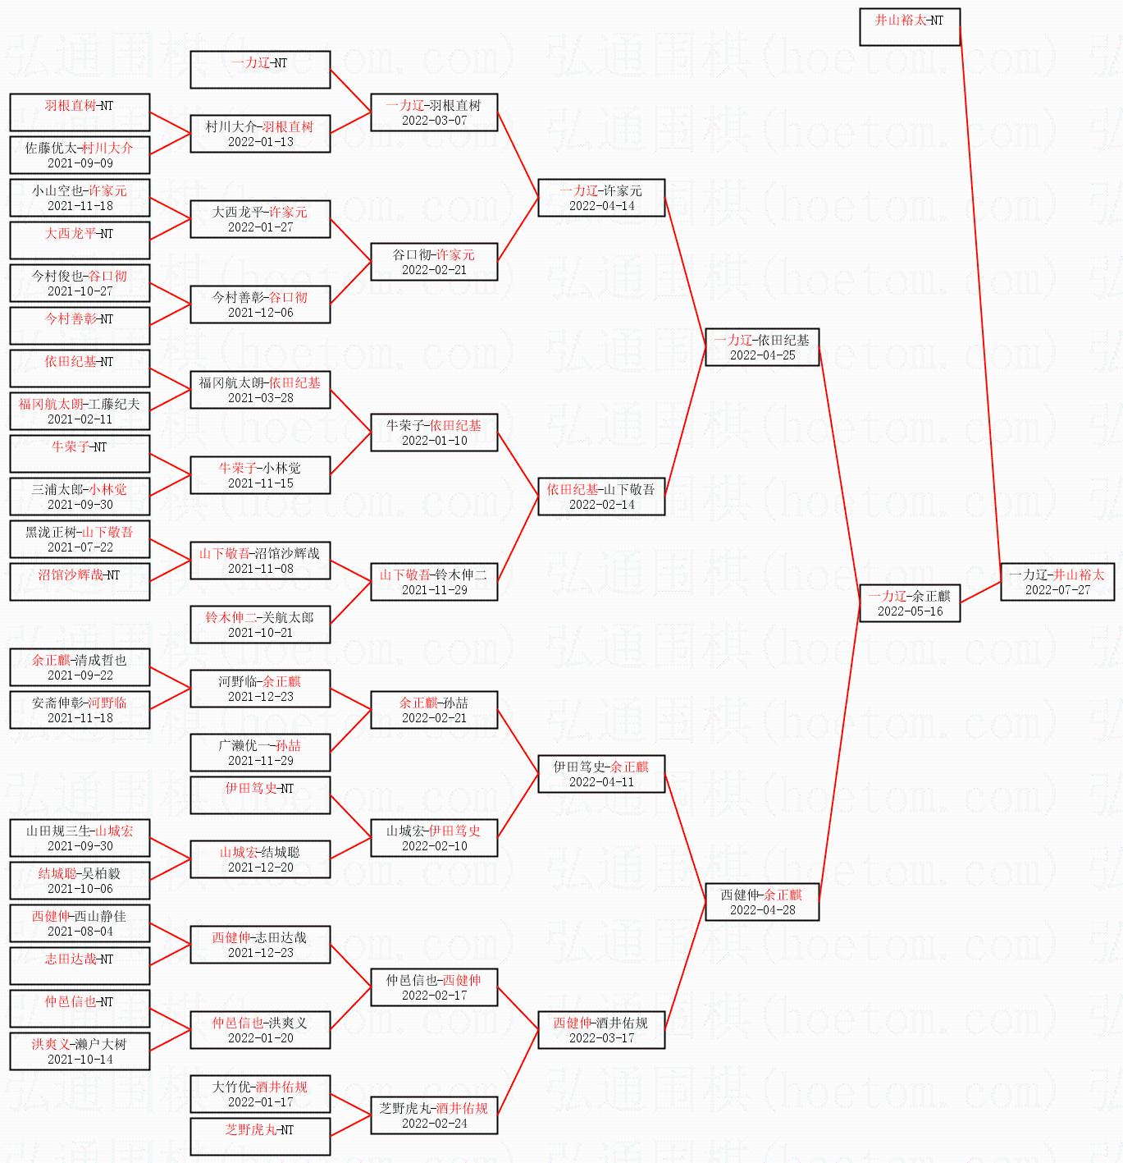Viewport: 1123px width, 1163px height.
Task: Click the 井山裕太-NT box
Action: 910,27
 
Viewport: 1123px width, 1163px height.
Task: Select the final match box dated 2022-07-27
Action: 1057,582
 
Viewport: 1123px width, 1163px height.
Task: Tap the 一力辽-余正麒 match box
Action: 910,603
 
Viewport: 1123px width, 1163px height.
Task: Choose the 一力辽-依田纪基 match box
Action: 762,347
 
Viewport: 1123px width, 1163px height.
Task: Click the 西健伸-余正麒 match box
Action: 762,902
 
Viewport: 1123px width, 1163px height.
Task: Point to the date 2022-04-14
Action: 601,206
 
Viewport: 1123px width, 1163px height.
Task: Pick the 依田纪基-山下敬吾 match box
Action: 601,497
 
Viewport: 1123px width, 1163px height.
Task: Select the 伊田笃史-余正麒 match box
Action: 601,774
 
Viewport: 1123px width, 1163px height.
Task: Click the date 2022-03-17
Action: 601,1038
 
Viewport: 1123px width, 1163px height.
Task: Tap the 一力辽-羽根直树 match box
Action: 434,112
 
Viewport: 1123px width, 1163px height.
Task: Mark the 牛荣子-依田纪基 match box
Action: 434,433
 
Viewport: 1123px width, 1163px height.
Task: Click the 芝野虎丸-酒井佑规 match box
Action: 434,1115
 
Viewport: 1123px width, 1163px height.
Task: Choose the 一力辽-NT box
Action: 260,70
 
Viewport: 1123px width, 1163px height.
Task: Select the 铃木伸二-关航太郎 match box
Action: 260,625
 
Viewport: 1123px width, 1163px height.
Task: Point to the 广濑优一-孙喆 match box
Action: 260,753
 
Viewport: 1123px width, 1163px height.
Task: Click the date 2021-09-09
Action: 80,163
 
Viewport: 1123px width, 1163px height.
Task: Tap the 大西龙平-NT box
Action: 80,240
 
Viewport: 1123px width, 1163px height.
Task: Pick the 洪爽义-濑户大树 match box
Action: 80,1051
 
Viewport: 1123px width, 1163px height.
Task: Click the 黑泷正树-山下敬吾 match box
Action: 80,539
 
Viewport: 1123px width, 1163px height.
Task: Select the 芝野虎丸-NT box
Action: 260,1137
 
